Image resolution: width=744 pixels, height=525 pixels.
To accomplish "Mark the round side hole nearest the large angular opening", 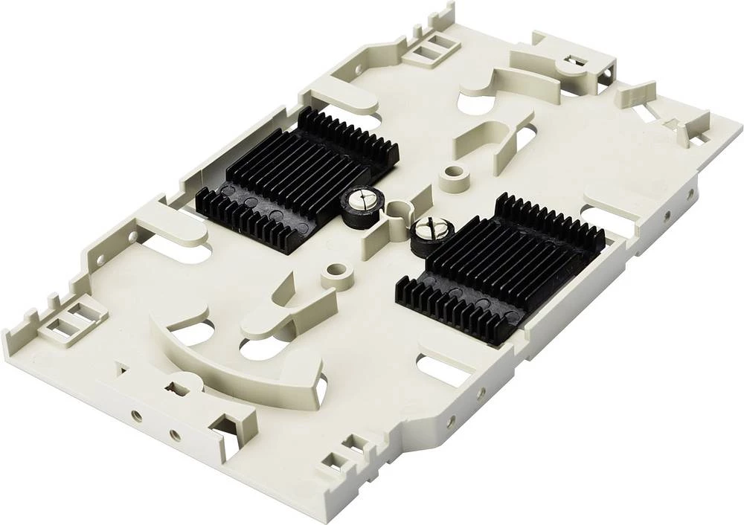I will tap(174, 434).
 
